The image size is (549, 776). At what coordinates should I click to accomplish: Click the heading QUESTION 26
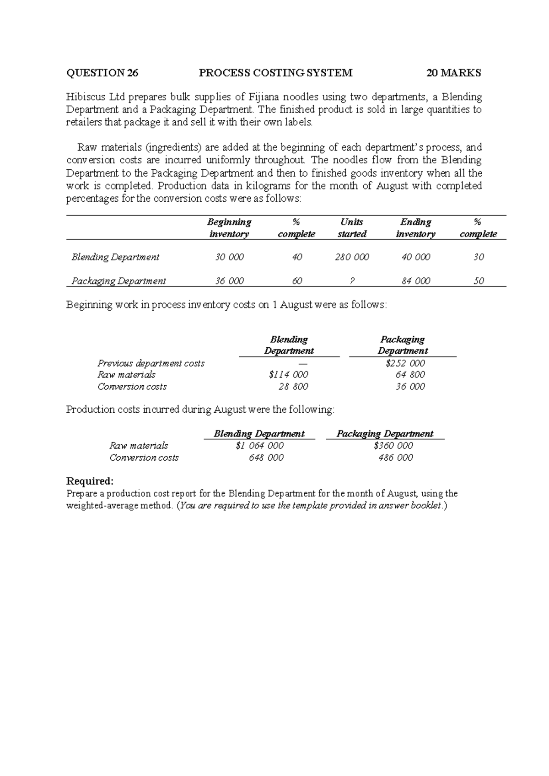coord(102,73)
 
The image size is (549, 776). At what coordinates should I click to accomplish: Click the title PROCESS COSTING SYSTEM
coord(276,73)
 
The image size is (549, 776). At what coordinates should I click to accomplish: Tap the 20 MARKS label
coord(453,73)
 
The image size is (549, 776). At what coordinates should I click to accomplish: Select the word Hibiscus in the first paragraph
coord(86,97)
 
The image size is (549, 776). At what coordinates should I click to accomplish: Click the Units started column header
coord(352,228)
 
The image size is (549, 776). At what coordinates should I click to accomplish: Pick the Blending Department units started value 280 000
coord(352,257)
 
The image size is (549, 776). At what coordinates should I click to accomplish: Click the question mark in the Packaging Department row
coord(351,281)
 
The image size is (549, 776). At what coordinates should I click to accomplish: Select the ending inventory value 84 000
coord(415,281)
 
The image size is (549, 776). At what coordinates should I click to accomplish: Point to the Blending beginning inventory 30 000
coord(229,257)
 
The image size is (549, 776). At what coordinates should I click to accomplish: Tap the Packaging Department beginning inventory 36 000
coord(229,281)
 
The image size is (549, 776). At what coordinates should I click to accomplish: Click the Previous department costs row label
coord(151,363)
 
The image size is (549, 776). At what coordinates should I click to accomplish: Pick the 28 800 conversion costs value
coord(293,387)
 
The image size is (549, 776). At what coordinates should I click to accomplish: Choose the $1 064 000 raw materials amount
coord(259,446)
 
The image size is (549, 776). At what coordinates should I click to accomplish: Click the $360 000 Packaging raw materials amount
coord(393,446)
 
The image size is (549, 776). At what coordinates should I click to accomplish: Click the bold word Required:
coord(90,481)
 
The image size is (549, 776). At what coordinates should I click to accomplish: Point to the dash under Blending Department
coord(300,363)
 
